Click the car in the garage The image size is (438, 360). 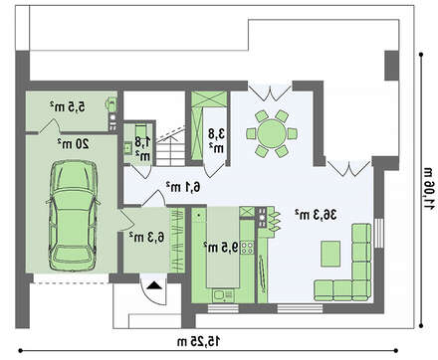73,216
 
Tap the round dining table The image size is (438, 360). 272,133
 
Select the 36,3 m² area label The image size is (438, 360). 316,215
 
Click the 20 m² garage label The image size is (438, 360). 74,143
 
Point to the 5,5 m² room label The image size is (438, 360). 68,106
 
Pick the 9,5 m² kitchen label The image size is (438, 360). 221,247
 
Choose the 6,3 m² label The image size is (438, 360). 146,237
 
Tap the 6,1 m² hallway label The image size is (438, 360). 183,187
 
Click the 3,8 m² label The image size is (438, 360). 216,140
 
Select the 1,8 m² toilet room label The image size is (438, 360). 142,148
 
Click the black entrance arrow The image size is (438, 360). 154,285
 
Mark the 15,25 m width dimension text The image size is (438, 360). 198,341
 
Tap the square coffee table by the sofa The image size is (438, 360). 330,254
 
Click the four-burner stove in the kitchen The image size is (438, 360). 248,248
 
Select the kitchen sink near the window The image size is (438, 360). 219,295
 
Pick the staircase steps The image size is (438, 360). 171,152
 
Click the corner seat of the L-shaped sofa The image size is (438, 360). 361,290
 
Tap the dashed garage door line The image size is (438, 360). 72,283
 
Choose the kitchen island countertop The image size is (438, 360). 223,247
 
